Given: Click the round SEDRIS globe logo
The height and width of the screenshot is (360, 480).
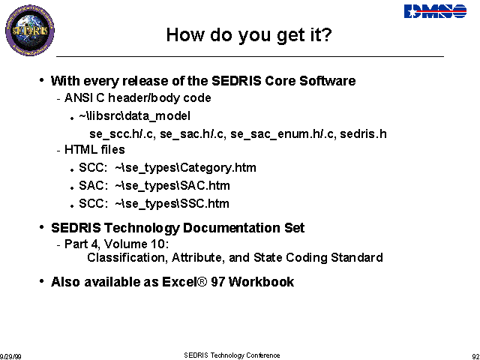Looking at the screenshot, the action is (x=30, y=30).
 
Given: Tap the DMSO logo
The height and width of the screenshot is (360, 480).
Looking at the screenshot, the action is (x=435, y=11).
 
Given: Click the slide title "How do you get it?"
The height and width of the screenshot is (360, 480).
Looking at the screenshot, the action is (x=249, y=34).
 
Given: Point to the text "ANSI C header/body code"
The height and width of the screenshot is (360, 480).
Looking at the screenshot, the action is (x=138, y=98).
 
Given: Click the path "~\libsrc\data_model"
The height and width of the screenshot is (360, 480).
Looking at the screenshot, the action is (x=134, y=116).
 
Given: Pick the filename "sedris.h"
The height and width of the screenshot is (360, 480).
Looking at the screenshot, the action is (x=363, y=133).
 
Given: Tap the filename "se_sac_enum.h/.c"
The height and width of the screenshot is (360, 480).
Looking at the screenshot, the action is (x=282, y=134).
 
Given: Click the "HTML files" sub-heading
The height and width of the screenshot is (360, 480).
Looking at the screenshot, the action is (x=94, y=150).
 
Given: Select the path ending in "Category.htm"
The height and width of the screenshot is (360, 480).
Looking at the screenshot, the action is (x=185, y=168).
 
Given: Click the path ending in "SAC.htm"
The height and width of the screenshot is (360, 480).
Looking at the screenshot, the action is (x=172, y=186).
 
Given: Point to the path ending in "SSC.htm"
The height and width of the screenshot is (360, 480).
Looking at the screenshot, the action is (x=172, y=203).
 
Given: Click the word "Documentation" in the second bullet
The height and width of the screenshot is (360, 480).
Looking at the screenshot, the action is (x=232, y=228).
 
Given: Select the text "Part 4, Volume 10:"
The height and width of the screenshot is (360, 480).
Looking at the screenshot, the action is (x=117, y=244).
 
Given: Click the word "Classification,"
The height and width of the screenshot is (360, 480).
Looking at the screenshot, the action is (x=127, y=257).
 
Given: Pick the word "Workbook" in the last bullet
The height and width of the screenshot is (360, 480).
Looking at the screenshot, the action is (x=262, y=282).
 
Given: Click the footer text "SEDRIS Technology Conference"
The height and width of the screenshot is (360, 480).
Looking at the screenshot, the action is (x=232, y=355).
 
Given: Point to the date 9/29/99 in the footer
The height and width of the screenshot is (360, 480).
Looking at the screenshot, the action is (x=10, y=357).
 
